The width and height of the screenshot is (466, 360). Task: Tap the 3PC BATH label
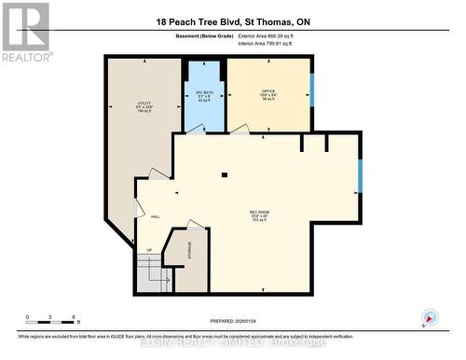pos(204,91)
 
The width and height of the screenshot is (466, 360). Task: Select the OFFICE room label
pos(268,90)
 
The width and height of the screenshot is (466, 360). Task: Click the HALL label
pos(155,216)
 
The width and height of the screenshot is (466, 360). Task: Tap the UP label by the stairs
pos(148,251)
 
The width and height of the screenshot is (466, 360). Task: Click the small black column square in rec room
pos(224,174)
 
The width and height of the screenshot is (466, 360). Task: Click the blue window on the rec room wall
pos(360,174)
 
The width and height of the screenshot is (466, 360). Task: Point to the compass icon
pos(430,317)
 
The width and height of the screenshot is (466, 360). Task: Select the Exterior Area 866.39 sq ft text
pos(279,35)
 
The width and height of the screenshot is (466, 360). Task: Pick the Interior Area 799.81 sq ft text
pos(279,43)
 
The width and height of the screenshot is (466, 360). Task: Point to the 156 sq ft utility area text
pos(144,111)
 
